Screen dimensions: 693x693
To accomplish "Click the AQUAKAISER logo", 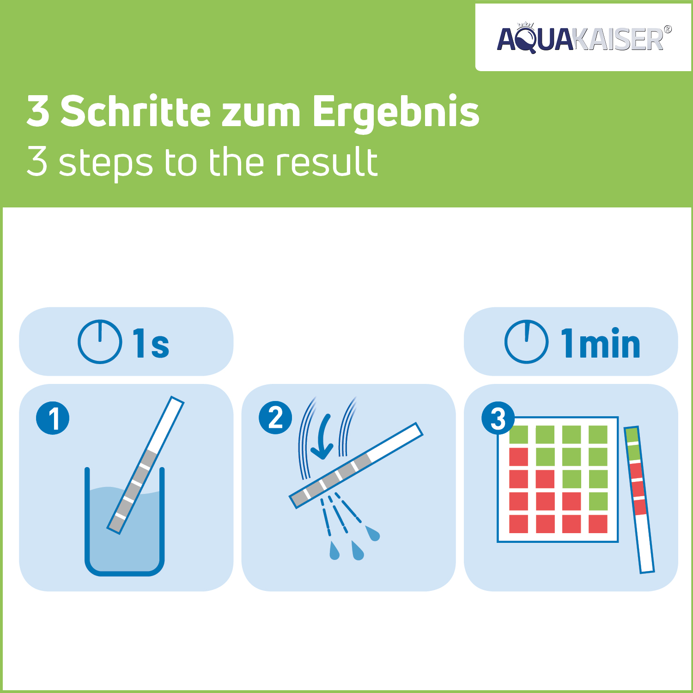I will [581, 39].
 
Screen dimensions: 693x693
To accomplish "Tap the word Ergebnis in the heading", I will [396, 112].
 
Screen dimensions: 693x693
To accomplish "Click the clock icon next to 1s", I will [100, 342].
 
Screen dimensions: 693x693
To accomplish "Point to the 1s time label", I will [151, 343].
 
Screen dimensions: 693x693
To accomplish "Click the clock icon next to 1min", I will [526, 342].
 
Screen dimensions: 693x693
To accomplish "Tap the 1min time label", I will [600, 343].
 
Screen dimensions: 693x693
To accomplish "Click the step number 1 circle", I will [53, 418].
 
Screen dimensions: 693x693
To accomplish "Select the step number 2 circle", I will [275, 418].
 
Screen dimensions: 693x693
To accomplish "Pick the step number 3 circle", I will [498, 419].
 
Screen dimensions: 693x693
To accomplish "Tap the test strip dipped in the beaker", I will [146, 464].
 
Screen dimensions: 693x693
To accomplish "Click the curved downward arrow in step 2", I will [323, 437].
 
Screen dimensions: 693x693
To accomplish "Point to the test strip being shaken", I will [356, 465].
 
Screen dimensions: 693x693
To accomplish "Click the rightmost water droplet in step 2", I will [373, 533].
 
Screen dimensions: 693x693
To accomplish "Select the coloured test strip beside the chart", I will [639, 499].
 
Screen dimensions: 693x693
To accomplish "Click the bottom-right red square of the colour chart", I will [598, 524].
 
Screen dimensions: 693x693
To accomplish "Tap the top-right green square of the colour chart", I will [598, 435].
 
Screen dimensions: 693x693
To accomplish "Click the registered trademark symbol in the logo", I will [667, 30].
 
